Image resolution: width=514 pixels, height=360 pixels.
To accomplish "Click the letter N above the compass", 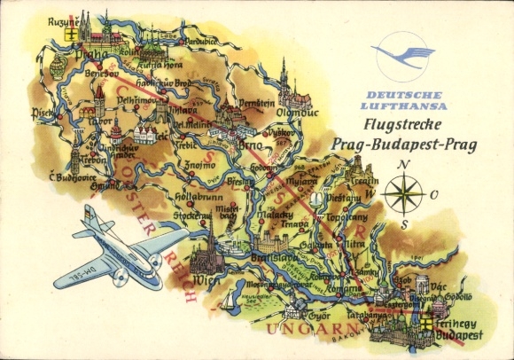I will [x=404, y=165].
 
